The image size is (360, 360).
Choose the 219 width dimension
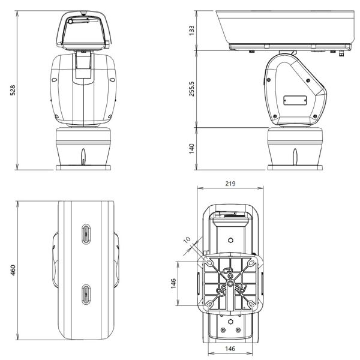tap(230, 183)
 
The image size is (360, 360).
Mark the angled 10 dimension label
tap(187, 241)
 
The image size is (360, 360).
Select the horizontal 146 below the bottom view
tap(230, 348)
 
